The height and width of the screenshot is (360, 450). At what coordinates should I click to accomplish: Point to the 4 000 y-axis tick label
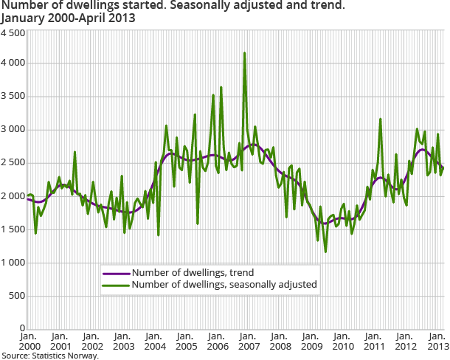13,63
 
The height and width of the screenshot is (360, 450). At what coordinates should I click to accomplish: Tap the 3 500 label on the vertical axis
13,97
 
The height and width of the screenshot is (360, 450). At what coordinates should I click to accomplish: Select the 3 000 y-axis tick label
13,130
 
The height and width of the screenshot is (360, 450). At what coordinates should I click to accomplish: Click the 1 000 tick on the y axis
13,263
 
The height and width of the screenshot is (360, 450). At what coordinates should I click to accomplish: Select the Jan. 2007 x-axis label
249,342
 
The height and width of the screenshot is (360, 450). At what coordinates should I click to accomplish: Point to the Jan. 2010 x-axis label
345,342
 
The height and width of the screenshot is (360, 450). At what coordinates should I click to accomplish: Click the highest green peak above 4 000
244,53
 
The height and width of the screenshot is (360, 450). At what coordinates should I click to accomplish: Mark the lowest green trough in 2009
325,252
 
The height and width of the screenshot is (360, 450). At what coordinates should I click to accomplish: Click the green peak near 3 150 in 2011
381,119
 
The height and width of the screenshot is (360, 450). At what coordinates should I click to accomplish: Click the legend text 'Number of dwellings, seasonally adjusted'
224,284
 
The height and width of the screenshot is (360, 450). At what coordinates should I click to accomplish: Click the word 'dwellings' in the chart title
83,6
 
